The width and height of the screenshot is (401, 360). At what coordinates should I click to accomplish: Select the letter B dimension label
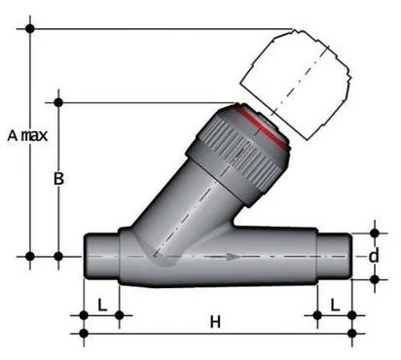pyautogui.click(x=59, y=179)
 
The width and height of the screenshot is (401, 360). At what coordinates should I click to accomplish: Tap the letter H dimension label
pyautogui.click(x=216, y=321)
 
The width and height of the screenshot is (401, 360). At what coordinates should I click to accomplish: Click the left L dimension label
pyautogui.click(x=102, y=304)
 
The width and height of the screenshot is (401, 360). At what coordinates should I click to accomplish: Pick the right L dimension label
pyautogui.click(x=335, y=304)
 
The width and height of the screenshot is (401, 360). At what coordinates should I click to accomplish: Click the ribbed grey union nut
pyautogui.click(x=238, y=146)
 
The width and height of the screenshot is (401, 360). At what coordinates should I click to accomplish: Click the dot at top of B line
pyautogui.click(x=58, y=101)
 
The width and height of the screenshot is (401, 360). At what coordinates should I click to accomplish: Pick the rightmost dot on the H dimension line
pyautogui.click(x=351, y=334)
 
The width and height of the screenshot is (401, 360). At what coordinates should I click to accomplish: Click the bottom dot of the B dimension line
pyautogui.click(x=58, y=257)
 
